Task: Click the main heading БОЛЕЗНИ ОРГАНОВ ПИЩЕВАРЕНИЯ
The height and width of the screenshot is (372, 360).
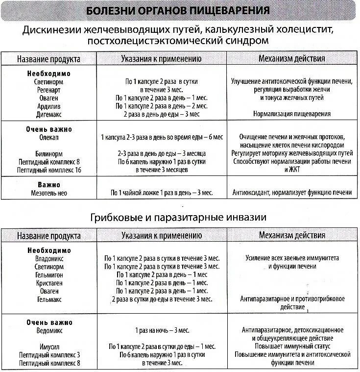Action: pyautogui.click(x=177, y=11)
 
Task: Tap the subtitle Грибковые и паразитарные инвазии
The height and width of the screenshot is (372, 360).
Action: pyautogui.click(x=178, y=216)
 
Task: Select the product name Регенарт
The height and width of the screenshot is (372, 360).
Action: pyautogui.click(x=49, y=90)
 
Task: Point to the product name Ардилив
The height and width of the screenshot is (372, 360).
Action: pyautogui.click(x=49, y=106)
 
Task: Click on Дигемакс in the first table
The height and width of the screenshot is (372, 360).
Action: pyautogui.click(x=49, y=114)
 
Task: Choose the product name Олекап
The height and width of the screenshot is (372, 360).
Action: pyautogui.click(x=49, y=138)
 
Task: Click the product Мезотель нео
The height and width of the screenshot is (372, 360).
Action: pyautogui.click(x=49, y=193)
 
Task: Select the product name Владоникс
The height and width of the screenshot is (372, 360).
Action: pyautogui.click(x=49, y=258)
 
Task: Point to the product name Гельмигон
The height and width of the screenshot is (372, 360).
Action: pyautogui.click(x=49, y=274)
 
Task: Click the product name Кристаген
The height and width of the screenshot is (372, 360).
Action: pyautogui.click(x=49, y=283)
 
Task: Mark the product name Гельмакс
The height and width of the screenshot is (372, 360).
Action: pyautogui.click(x=49, y=298)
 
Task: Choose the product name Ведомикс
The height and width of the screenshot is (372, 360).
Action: pyautogui.click(x=49, y=330)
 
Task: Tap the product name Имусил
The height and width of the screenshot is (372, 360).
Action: pyautogui.click(x=49, y=347)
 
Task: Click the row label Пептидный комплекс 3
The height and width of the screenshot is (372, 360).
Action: pyautogui.click(x=49, y=354)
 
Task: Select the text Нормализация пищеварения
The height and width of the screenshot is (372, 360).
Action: pyautogui.click(x=291, y=114)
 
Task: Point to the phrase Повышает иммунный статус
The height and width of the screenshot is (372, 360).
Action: pyautogui.click(x=291, y=347)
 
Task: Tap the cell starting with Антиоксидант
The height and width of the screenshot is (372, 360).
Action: pyautogui.click(x=291, y=193)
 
